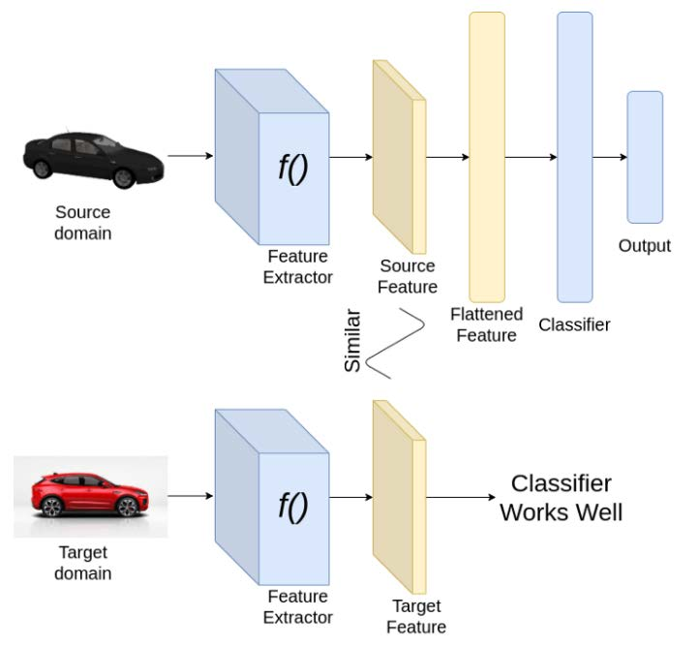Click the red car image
click(x=91, y=496)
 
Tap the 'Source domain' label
click(x=82, y=222)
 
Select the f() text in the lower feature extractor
click(x=292, y=506)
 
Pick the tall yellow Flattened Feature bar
click(x=486, y=155)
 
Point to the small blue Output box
click(x=644, y=157)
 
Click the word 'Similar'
click(x=353, y=342)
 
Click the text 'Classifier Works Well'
click(x=561, y=498)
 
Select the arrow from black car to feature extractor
click(x=190, y=156)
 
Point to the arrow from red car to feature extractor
click(x=191, y=496)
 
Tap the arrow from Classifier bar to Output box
click(x=609, y=157)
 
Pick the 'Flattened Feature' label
click(x=486, y=324)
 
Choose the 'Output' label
click(x=644, y=246)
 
